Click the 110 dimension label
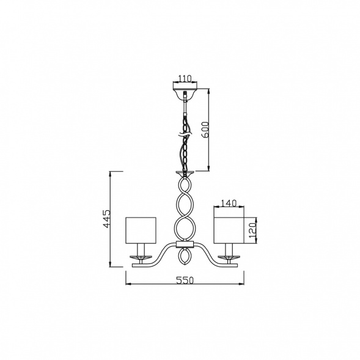pyautogui.click(x=185, y=78)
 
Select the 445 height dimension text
pyautogui.click(x=107, y=218)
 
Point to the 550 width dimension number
pyautogui.click(x=185, y=280)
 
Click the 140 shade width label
pyautogui.click(x=229, y=203)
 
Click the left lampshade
pyautogui.click(x=141, y=230)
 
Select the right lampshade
pyautogui.click(x=229, y=230)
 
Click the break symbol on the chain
pyautogui.click(x=185, y=134)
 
